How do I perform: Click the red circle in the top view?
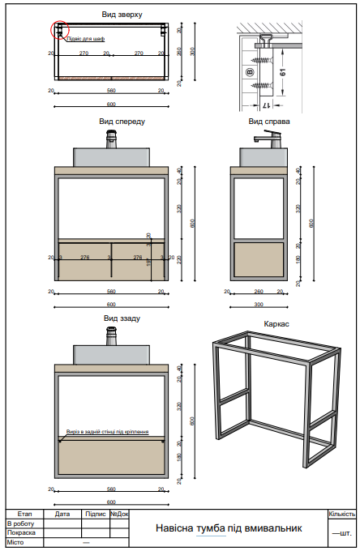click(59, 31)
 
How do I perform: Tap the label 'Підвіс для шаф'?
click(84, 39)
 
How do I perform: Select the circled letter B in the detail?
click(250, 72)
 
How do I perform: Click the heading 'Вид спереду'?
click(122, 121)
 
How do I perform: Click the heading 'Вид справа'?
click(269, 122)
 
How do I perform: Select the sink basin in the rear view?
click(112, 353)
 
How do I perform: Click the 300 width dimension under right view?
click(259, 305)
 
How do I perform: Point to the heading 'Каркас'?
click(276, 323)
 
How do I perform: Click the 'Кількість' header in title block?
click(341, 514)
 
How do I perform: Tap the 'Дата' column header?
click(62, 514)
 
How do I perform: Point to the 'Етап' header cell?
click(24, 514)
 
